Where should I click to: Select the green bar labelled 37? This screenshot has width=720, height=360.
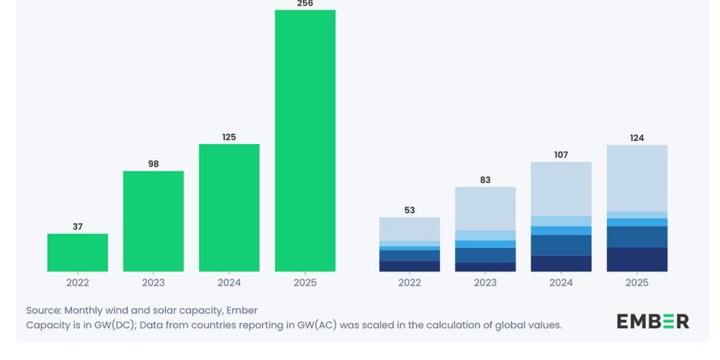click(78, 253)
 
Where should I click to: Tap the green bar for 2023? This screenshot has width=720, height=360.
click(153, 221)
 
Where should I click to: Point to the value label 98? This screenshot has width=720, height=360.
click(153, 164)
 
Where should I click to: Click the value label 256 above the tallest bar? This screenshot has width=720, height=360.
click(305, 4)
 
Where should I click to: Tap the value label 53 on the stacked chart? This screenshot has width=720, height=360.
click(410, 210)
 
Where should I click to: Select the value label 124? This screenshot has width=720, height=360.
click(637, 138)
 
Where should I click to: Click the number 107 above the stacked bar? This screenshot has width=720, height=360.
click(561, 155)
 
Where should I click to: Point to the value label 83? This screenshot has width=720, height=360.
click(485, 180)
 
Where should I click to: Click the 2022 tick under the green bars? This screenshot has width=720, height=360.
click(78, 283)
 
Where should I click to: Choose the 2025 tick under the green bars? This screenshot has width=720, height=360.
click(305, 283)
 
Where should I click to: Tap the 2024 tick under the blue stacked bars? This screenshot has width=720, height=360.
click(561, 283)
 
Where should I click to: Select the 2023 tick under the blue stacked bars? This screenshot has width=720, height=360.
click(485, 283)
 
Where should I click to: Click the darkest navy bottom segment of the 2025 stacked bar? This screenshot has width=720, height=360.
click(637, 259)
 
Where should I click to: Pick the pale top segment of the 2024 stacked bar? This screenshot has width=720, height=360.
click(561, 189)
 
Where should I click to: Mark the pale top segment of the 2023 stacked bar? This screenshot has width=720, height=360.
click(485, 209)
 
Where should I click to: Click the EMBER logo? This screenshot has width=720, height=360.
click(652, 321)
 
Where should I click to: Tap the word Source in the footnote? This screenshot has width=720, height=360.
click(43, 310)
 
